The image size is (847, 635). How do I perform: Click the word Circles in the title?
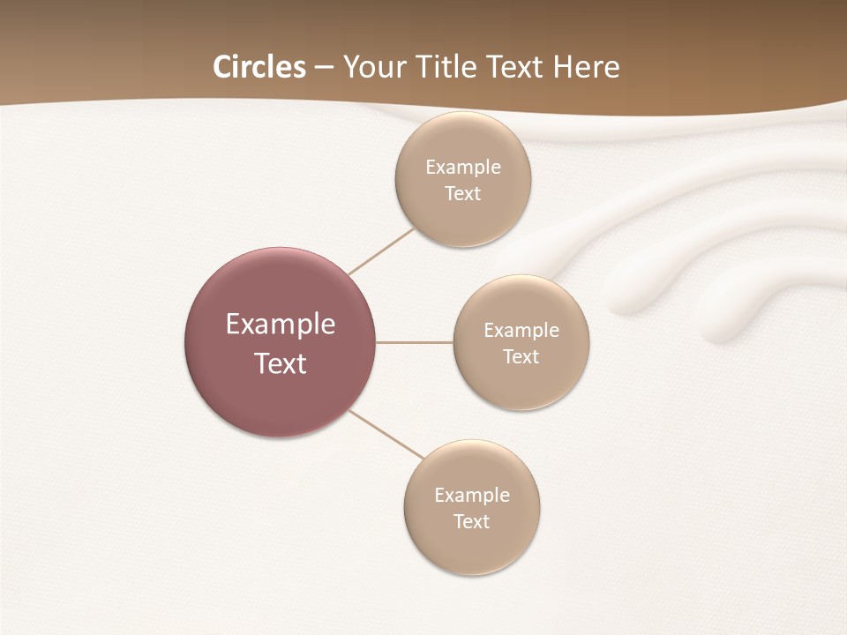click(259, 66)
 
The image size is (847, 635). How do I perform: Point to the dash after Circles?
click(324, 68)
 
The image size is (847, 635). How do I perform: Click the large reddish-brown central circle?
click(280, 282)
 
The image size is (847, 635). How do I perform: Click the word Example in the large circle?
click(280, 325)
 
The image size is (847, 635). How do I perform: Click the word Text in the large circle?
click(280, 363)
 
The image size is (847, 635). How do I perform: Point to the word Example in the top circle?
click(462, 167)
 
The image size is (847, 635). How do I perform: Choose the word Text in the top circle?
click(462, 193)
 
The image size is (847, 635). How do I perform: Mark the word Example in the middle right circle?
click(521, 330)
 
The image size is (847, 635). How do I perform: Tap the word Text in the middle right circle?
click(521, 356)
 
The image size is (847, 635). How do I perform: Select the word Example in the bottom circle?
click(471, 495)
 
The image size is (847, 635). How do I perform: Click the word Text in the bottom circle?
click(471, 521)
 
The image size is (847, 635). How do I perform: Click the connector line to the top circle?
click(381, 250)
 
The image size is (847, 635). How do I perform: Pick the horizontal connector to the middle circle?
click(414, 342)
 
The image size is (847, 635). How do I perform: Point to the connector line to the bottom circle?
click(386, 434)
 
